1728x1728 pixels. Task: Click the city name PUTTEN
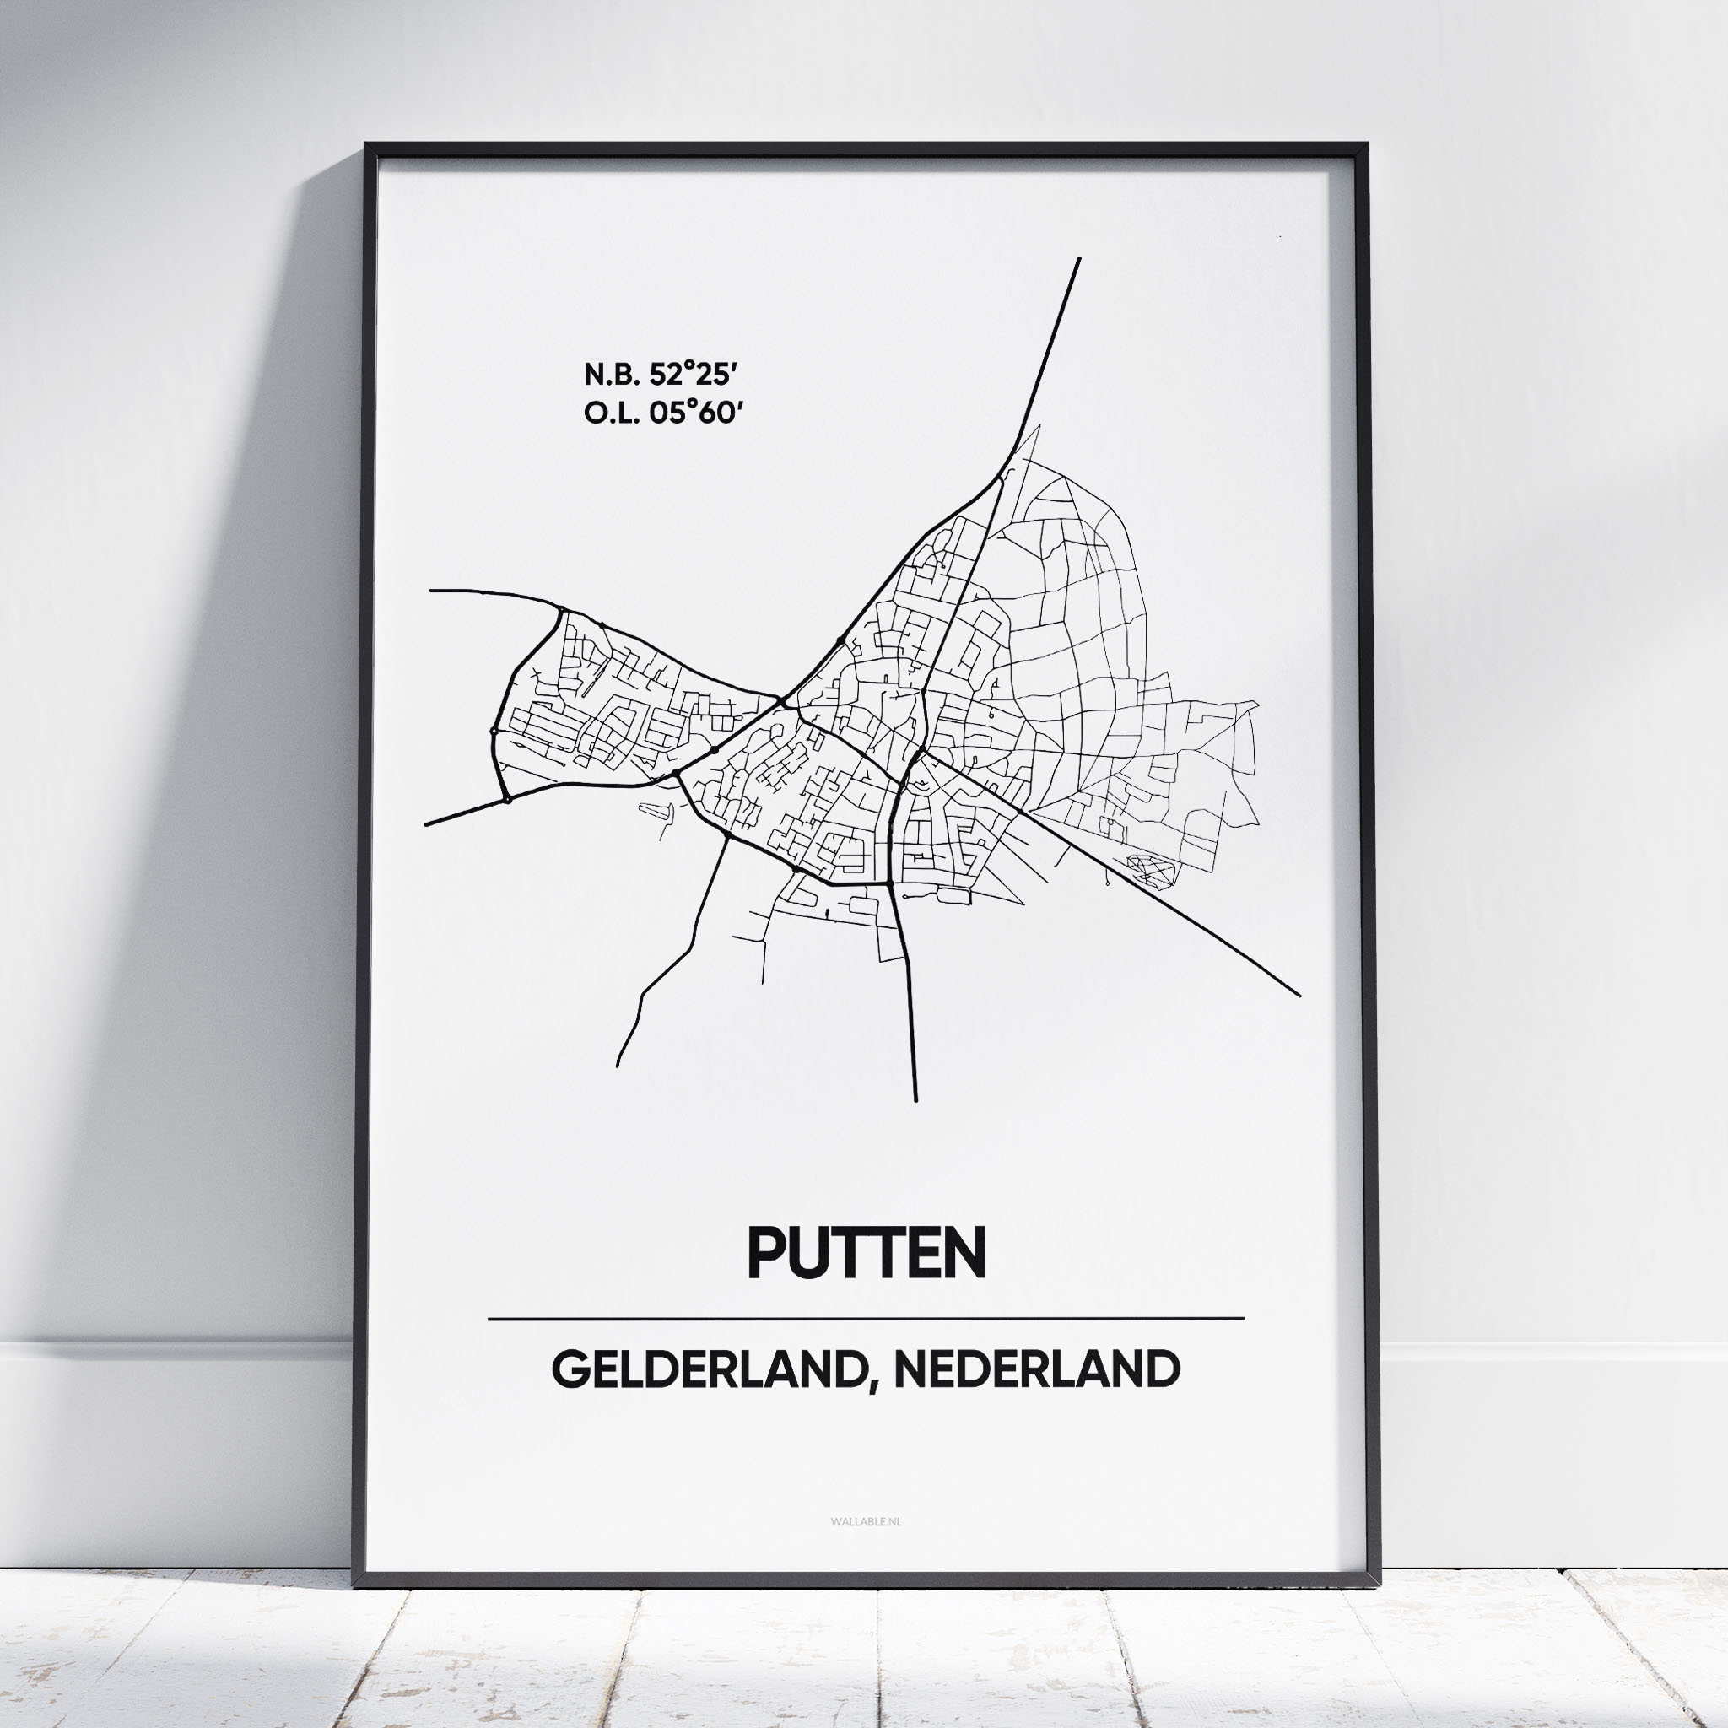click(866, 1253)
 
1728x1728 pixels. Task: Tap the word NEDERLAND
click(1037, 1369)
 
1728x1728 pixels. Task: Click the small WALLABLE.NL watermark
click(866, 1521)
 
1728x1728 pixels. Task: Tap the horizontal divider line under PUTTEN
click(866, 1319)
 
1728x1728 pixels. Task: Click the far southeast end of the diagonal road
click(1299, 994)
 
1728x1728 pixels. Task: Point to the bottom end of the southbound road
click(915, 1099)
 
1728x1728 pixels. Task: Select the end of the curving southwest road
click(618, 1066)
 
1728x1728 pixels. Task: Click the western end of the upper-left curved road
click(431, 591)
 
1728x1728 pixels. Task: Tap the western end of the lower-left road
click(427, 823)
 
